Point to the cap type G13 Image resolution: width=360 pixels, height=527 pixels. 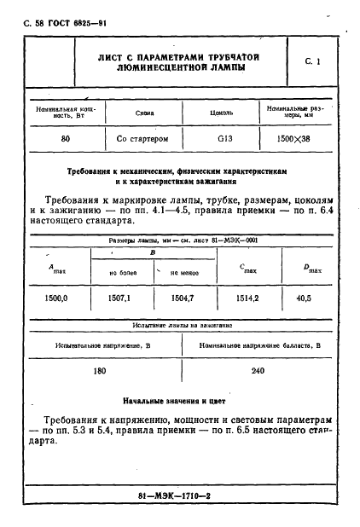click(224, 136)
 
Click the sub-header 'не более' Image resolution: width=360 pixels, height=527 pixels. click(125, 272)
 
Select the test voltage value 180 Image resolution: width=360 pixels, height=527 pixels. click(100, 372)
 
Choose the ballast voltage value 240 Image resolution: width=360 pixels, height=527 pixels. click(258, 372)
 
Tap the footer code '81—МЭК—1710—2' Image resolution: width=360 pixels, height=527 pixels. click(180, 495)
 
